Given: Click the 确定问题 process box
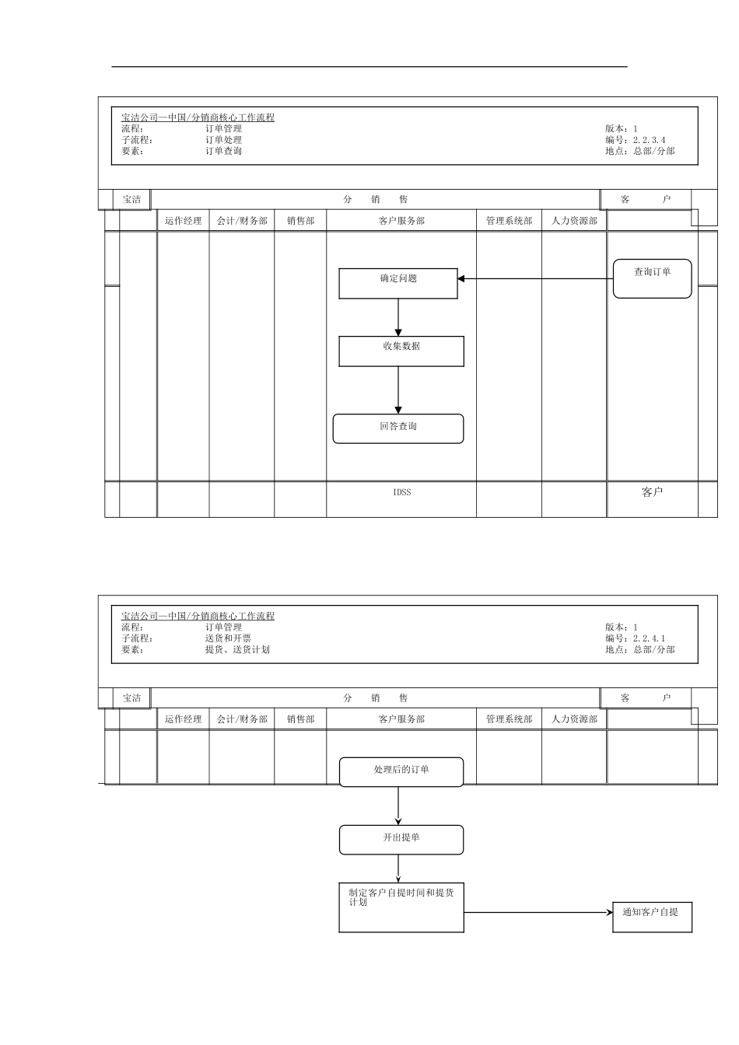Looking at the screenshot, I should pyautogui.click(x=398, y=283).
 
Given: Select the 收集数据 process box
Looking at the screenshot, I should pyautogui.click(x=401, y=351).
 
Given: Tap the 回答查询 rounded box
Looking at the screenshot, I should pyautogui.click(x=398, y=428).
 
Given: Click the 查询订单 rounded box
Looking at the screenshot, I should pyautogui.click(x=652, y=278).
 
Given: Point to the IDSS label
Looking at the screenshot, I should pyautogui.click(x=401, y=492).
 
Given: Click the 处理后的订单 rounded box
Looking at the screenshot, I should pyautogui.click(x=401, y=771).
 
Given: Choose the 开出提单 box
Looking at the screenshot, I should pyautogui.click(x=401, y=840).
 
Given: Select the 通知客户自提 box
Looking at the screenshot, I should pyautogui.click(x=652, y=917).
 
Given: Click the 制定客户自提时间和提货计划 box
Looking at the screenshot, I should pyautogui.click(x=401, y=907).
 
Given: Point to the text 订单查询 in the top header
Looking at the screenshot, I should pyautogui.click(x=223, y=151).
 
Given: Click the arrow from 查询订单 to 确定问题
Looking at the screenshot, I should pyautogui.click(x=537, y=278).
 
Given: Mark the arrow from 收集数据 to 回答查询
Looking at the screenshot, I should pyautogui.click(x=398, y=390).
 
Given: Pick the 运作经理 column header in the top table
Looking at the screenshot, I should pyautogui.click(x=183, y=221).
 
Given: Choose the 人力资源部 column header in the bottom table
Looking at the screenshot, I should pyautogui.click(x=574, y=719).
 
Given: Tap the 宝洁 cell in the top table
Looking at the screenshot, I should pyautogui.click(x=132, y=200).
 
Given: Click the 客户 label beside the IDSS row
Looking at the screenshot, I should pyautogui.click(x=652, y=492).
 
